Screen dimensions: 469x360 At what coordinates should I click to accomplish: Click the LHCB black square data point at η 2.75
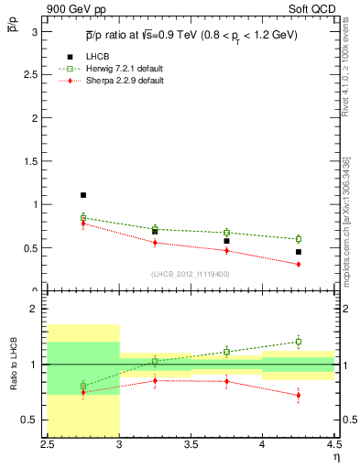click(x=82, y=195)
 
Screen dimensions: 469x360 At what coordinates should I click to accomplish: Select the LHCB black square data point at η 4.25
click(x=298, y=251)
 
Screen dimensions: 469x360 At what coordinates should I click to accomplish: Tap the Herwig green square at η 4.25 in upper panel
click(x=298, y=239)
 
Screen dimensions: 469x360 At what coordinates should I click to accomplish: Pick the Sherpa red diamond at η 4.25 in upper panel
click(x=298, y=264)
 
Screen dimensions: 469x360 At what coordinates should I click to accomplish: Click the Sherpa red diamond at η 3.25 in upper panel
click(x=155, y=243)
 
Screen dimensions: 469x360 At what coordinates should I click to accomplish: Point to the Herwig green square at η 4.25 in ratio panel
click(x=298, y=342)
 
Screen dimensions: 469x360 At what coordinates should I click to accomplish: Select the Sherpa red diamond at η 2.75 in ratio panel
click(x=82, y=392)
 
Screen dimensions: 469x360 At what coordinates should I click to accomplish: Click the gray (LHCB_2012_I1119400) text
click(x=191, y=274)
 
